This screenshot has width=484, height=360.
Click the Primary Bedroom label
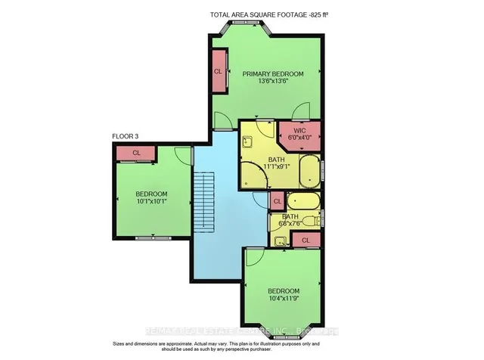[272, 74]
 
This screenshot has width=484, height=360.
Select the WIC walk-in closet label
[299, 130]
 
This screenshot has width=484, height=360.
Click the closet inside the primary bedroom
[219, 70]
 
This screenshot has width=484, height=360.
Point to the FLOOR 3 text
[126, 136]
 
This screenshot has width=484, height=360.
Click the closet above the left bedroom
[136, 153]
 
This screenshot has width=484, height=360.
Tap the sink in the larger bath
[247, 140]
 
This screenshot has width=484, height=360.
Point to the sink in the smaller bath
[280, 242]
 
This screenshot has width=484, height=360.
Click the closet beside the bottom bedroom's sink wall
[306, 240]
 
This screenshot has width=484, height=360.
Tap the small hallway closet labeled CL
[277, 201]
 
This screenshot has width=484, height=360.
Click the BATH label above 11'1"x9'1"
[276, 160]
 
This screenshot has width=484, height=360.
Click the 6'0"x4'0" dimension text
[299, 138]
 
